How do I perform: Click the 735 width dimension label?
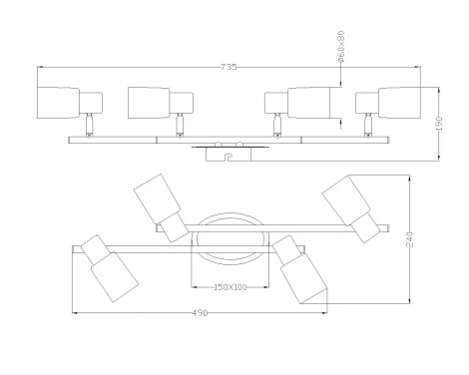coord(229,67)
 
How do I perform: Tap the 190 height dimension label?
coord(439,123)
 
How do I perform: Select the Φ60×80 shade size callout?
coord(340,47)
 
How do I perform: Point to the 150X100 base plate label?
coord(231,287)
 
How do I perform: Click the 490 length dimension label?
coord(200,313)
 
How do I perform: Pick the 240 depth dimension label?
coord(409,238)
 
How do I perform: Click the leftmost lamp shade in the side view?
coord(58,103)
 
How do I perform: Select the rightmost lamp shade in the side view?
coord(399,103)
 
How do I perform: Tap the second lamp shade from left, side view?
coord(149,103)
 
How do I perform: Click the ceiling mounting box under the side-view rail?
coord(229,155)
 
